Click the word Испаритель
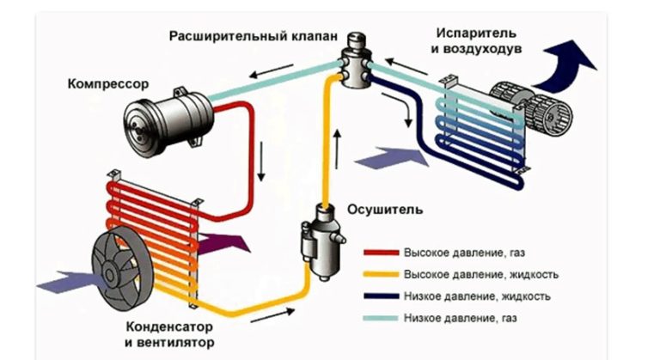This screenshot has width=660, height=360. point(475,34)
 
